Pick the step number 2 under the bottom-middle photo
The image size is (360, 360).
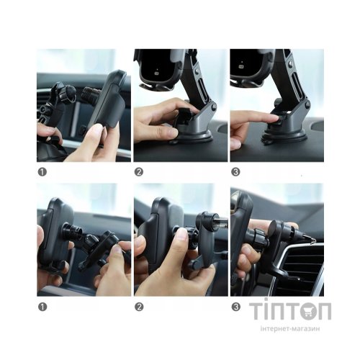coord(138,306)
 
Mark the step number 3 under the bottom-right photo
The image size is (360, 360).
coord(235,306)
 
